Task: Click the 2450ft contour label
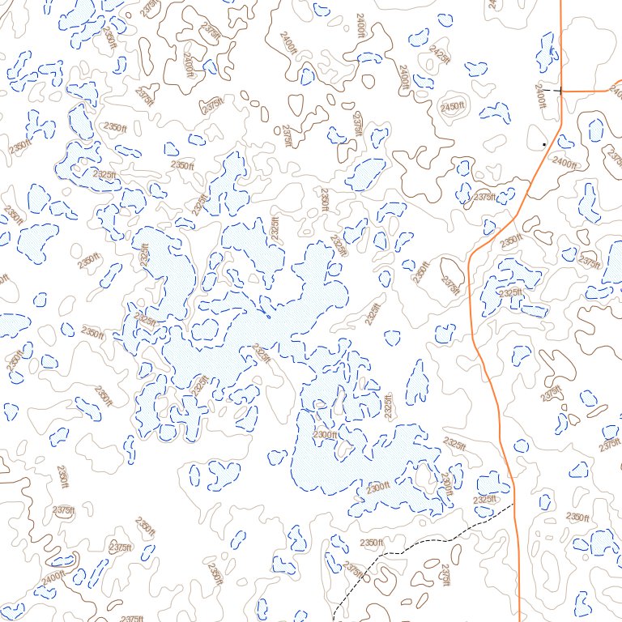454,107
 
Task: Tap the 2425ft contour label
440,54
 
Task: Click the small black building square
544,145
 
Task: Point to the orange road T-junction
560,91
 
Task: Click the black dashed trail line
421,543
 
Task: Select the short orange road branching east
591,91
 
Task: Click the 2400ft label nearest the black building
564,163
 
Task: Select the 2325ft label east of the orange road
511,293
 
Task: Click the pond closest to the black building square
564,142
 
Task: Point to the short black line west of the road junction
552,91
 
